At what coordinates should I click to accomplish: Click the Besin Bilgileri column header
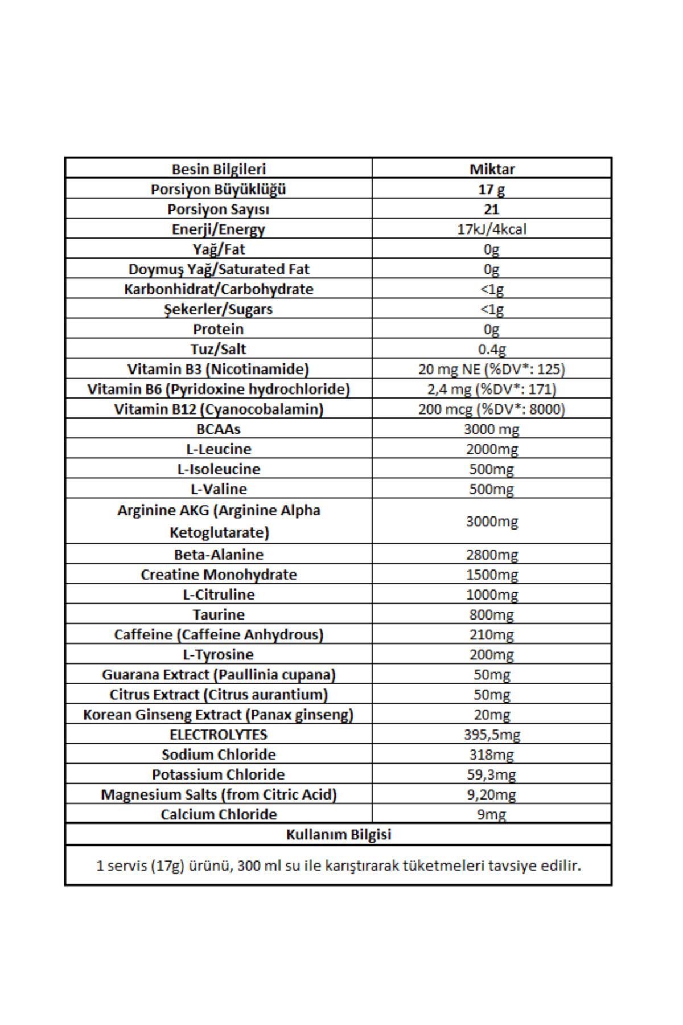click(x=219, y=169)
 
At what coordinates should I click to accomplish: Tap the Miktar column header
click(x=492, y=169)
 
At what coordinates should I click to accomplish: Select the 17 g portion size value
click(x=492, y=189)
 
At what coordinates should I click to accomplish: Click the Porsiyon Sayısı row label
click(x=219, y=209)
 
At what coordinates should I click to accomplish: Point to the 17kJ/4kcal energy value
click(x=492, y=229)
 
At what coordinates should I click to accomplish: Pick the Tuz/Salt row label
click(x=219, y=349)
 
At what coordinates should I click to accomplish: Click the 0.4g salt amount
click(x=492, y=349)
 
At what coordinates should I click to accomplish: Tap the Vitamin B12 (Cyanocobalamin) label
click(x=219, y=409)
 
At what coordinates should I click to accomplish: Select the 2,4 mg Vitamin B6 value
click(x=492, y=389)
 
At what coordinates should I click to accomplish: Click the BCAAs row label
click(x=219, y=429)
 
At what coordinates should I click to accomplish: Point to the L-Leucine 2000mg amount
click(x=492, y=449)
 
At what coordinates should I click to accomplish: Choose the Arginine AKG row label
click(x=219, y=521)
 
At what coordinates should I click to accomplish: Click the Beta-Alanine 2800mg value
click(x=492, y=554)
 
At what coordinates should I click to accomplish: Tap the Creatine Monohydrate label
click(x=219, y=574)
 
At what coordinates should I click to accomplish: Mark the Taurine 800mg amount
click(x=492, y=614)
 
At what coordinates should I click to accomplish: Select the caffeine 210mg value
click(x=492, y=634)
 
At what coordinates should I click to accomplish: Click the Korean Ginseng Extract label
click(x=219, y=714)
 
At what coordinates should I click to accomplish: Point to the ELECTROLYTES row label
click(x=219, y=734)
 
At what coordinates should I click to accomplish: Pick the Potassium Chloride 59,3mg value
click(x=492, y=774)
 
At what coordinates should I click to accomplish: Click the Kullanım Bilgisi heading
click(x=339, y=834)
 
